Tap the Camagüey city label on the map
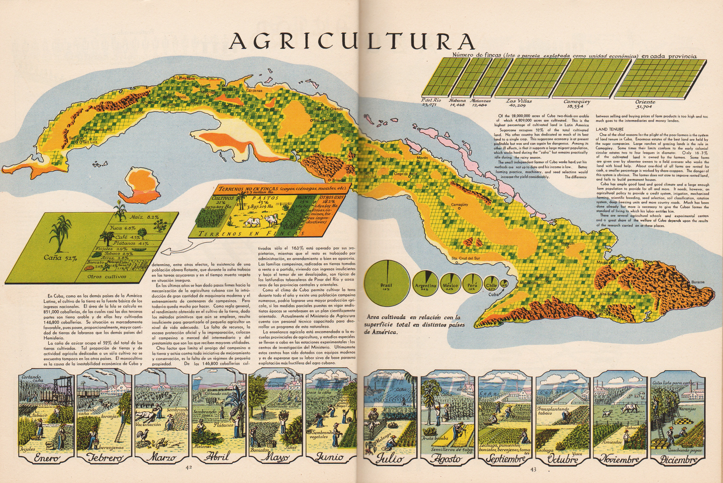[459, 205]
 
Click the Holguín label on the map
[568, 243]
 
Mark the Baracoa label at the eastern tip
[697, 282]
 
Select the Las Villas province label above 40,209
[519, 101]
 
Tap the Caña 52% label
[60, 258]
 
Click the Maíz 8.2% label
[144, 217]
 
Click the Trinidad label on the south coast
[339, 180]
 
